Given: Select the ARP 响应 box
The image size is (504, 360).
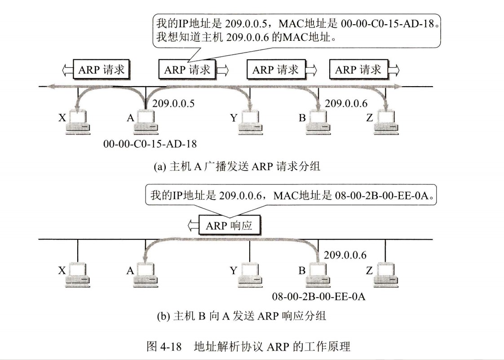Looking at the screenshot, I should pyautogui.click(x=229, y=225).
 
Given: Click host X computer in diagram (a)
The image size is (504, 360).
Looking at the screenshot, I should pyautogui.click(x=78, y=123).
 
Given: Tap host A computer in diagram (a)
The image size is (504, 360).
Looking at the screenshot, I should pyautogui.click(x=146, y=123).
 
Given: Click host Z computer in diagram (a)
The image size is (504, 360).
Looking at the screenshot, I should pyautogui.click(x=386, y=123).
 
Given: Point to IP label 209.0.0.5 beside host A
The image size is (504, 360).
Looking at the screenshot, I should pyautogui.click(x=173, y=104).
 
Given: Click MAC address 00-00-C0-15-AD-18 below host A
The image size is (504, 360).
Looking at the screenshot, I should pyautogui.click(x=150, y=144).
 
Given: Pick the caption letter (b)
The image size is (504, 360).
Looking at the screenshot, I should pyautogui.click(x=160, y=316).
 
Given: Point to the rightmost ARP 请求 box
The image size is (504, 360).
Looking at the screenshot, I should pyautogui.click(x=358, y=70).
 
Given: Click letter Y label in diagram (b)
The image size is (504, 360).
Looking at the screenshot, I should pyautogui.click(x=233, y=271).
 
